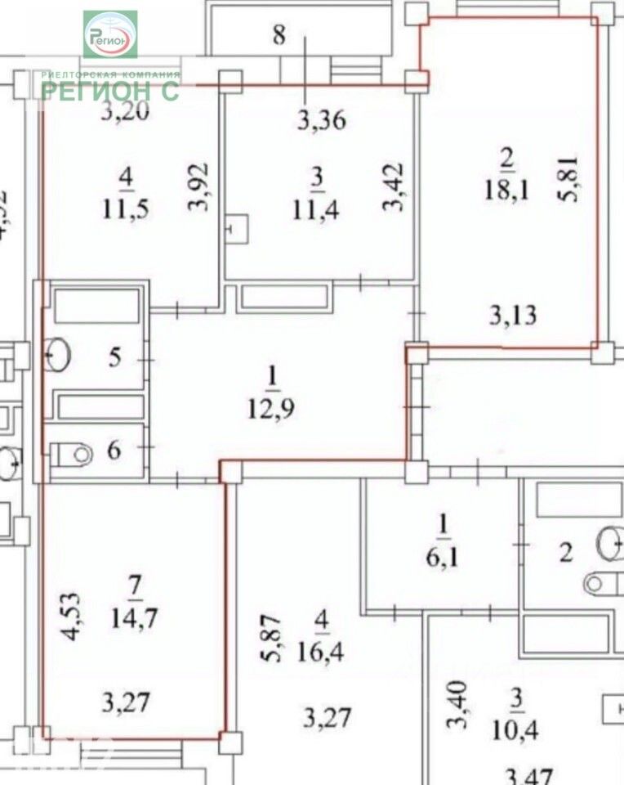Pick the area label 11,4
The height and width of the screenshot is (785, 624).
(316, 209)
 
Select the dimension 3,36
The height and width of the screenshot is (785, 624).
(321, 122)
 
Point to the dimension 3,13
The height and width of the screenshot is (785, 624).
(514, 314)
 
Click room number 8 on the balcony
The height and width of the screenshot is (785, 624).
(279, 36)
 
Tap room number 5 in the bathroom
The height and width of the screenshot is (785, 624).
(114, 357)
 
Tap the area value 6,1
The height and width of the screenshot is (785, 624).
(442, 554)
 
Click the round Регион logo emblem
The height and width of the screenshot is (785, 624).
(110, 35)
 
